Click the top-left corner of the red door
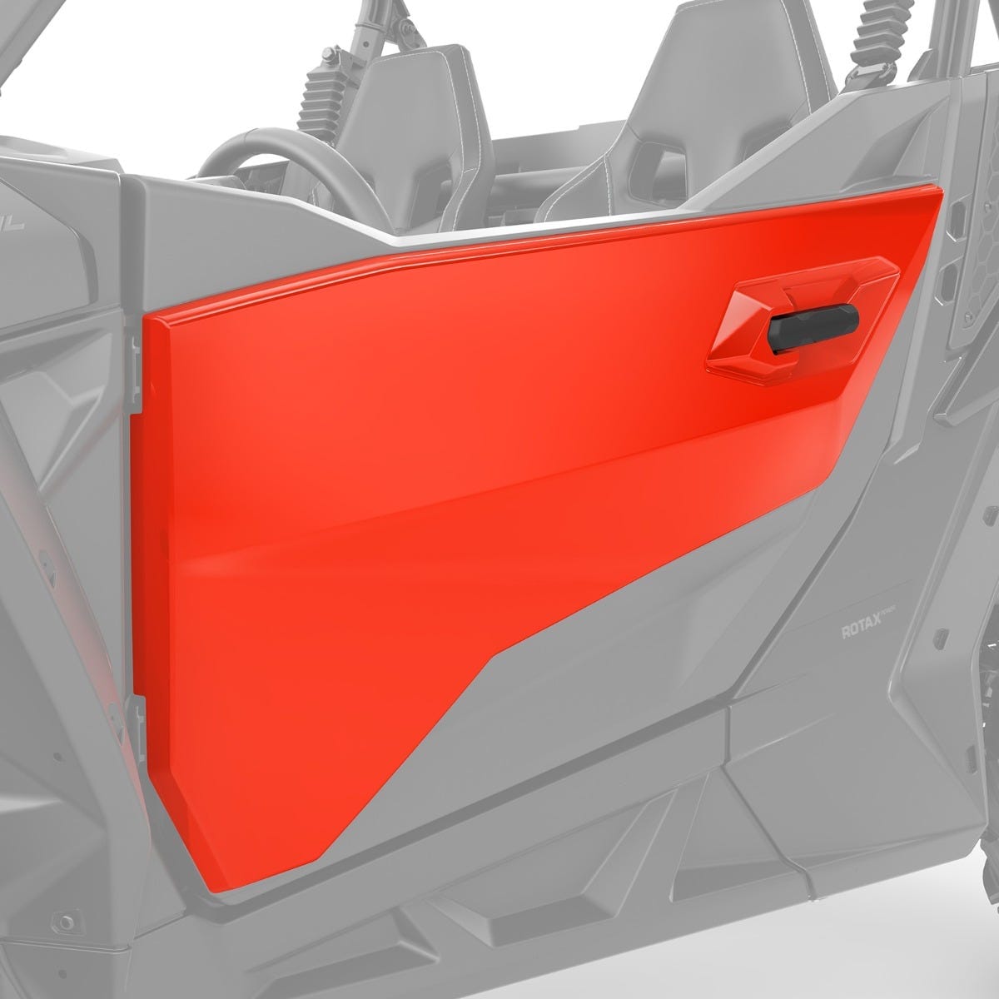[151, 321]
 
